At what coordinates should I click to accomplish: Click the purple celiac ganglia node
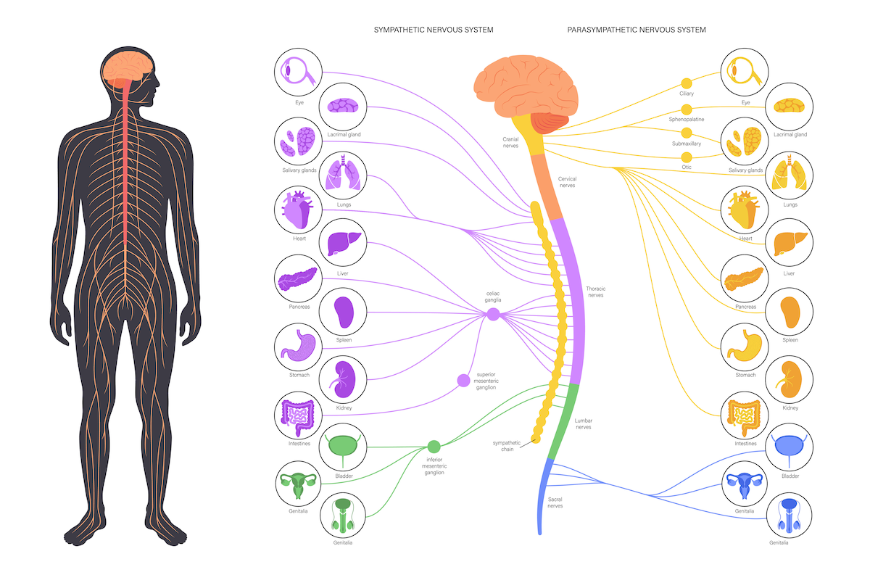[493, 314]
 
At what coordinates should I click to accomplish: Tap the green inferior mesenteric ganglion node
[434, 447]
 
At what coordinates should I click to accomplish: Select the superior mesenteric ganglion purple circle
[463, 380]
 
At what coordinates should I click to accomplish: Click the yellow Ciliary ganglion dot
[686, 83]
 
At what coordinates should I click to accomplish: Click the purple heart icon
[299, 211]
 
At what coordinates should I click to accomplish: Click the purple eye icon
[299, 73]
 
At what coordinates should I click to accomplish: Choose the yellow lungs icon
[790, 175]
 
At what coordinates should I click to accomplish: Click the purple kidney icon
[342, 379]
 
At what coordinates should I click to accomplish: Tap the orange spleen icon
[790, 311]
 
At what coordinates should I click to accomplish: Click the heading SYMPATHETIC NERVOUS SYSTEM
[434, 30]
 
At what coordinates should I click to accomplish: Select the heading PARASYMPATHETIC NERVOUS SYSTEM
[637, 30]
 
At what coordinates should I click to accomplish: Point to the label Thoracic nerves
[595, 292]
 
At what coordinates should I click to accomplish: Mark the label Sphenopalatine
[686, 119]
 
